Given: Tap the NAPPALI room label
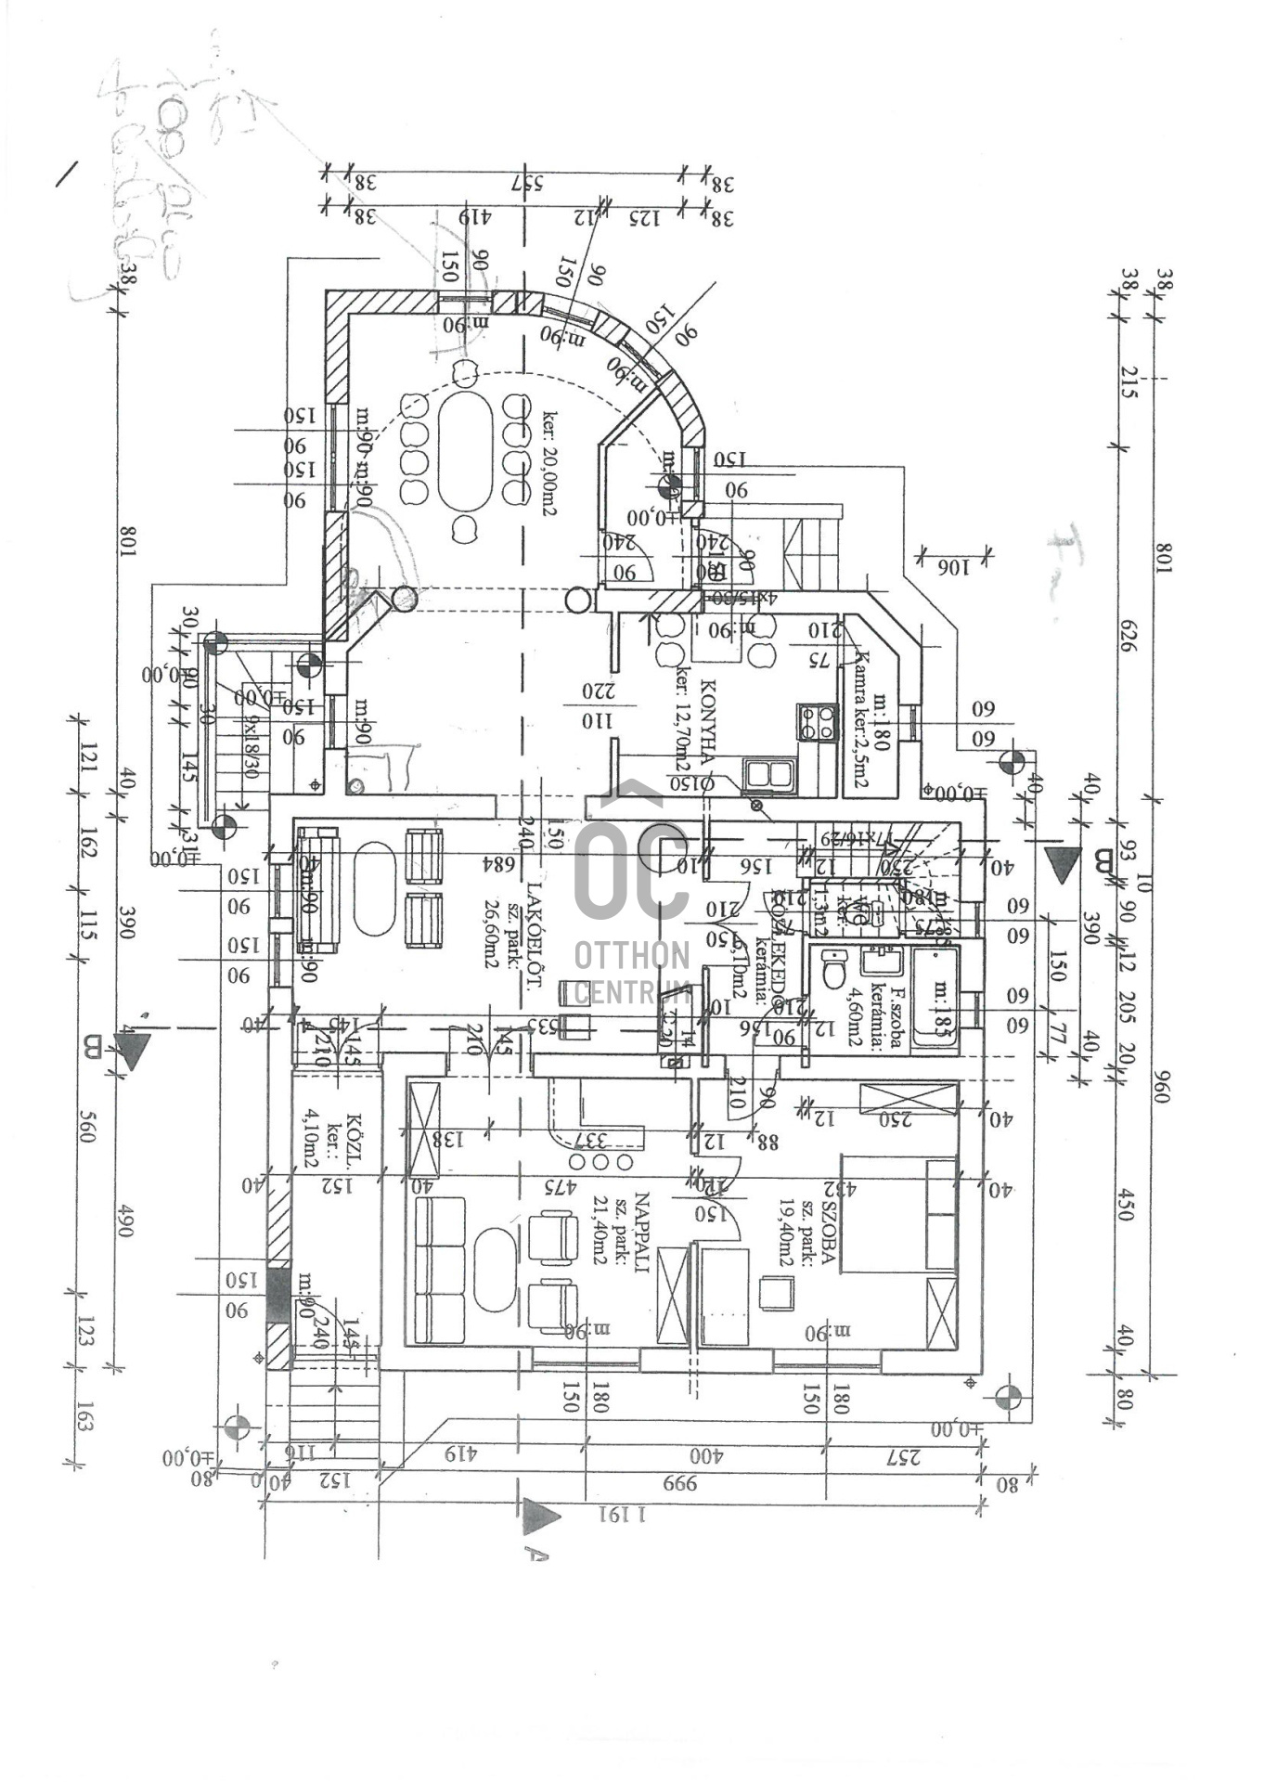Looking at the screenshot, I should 641,1230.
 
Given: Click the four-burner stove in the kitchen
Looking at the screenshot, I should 816,722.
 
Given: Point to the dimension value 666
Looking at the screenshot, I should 679,1482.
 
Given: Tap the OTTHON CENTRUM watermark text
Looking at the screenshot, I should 632,974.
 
